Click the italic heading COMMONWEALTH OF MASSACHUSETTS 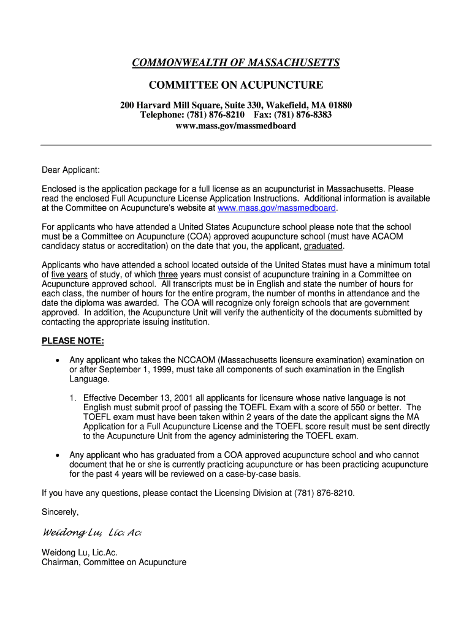236,64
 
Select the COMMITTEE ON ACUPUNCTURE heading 236,84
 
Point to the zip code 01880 340,105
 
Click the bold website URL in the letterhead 236,126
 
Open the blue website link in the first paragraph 276,208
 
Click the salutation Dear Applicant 70,170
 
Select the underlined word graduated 323,246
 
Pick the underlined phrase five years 69,275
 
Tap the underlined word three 168,275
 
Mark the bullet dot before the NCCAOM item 56,361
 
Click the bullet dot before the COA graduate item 56,456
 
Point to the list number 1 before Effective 72,398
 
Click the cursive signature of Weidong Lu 92,533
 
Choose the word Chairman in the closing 61,562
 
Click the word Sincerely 60,512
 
